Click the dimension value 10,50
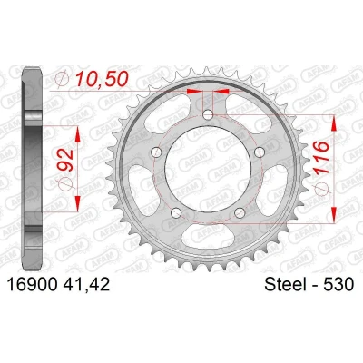pos(102,79)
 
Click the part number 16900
pos(33,285)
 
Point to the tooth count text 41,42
pos(86,285)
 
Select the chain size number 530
pos(338,285)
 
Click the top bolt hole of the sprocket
pos(208,114)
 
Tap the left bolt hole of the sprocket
pos(156,152)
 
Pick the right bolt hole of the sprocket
pos(260,152)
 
